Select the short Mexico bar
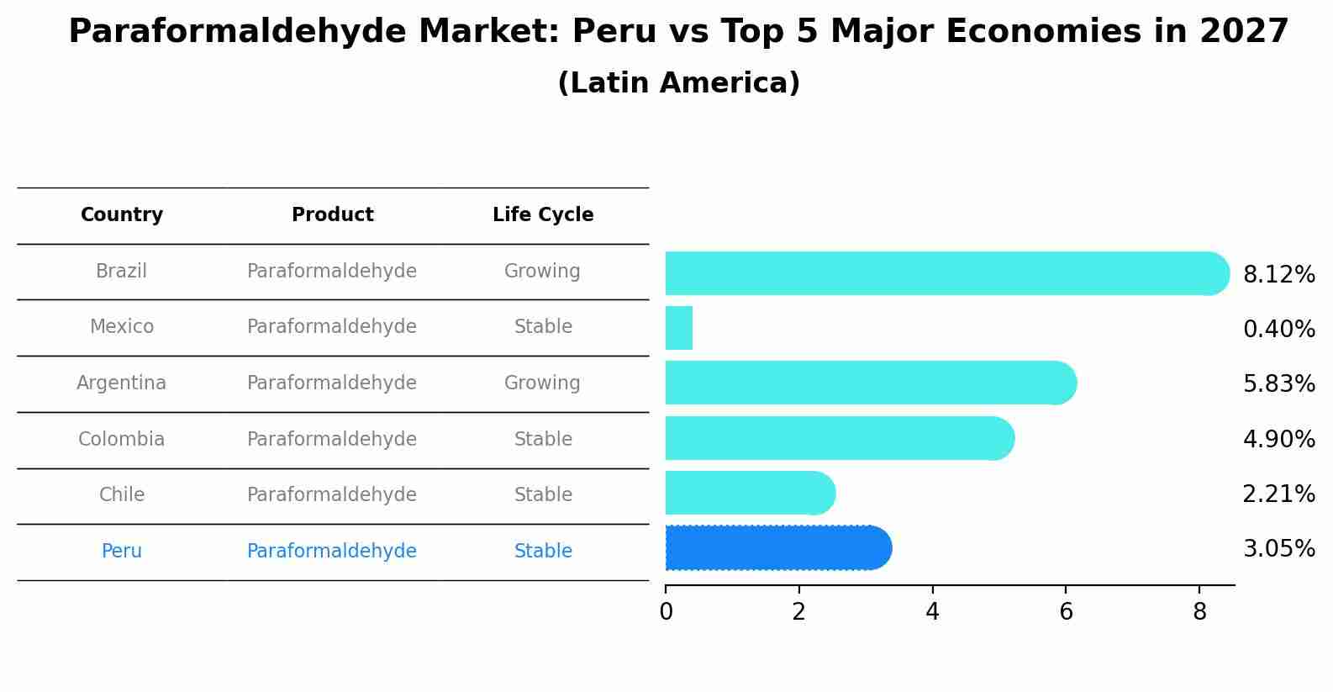[x=679, y=328]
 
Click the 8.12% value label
[x=1278, y=275]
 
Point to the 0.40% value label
[x=1278, y=330]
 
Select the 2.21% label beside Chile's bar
[x=1278, y=494]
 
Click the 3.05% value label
[x=1278, y=549]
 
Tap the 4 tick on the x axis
[x=932, y=612]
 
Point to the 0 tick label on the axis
[x=666, y=612]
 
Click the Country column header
[x=122, y=215]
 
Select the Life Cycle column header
[x=543, y=215]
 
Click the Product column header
[x=332, y=215]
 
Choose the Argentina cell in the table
[x=122, y=383]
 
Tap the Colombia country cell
[x=122, y=440]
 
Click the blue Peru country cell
[x=122, y=552]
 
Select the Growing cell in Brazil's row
[x=542, y=272]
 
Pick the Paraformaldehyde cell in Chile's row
[x=332, y=495]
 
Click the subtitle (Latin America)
[x=678, y=83]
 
